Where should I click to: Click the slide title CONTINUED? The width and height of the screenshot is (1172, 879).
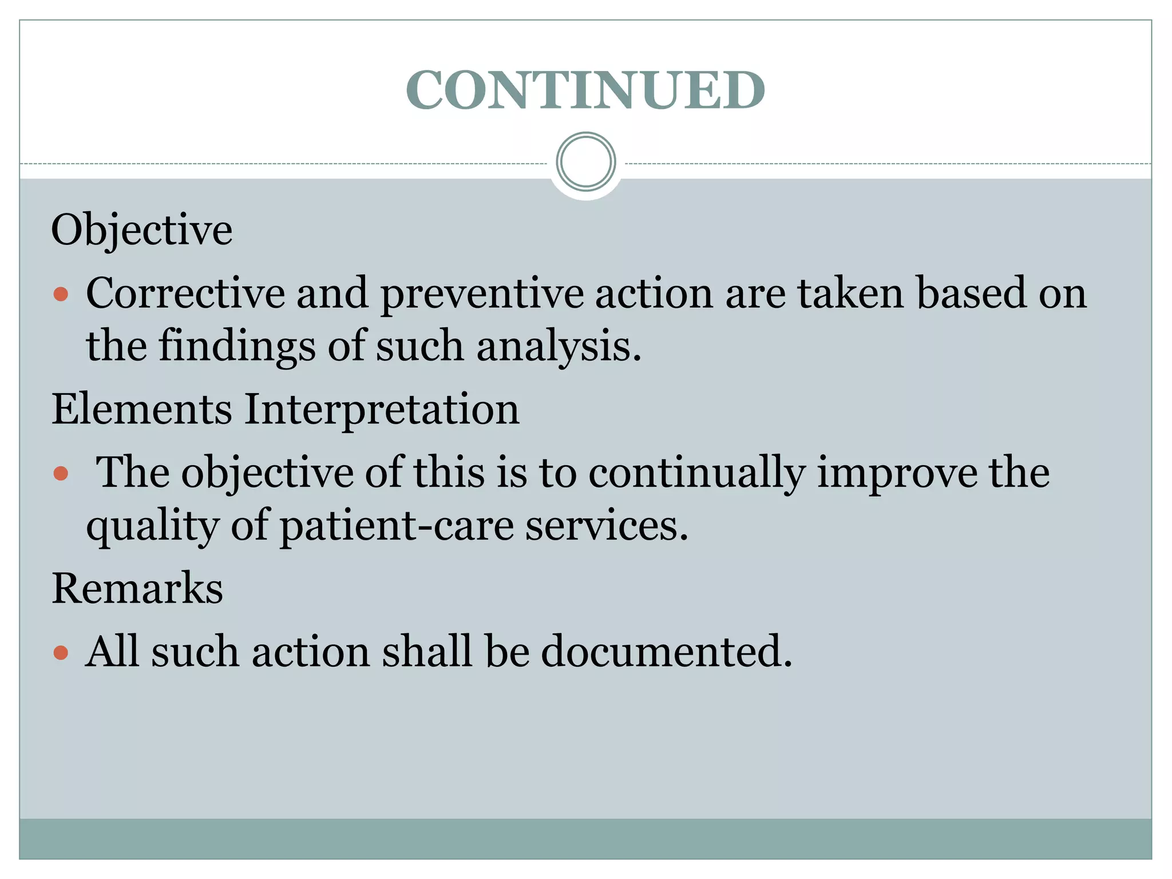coord(585,90)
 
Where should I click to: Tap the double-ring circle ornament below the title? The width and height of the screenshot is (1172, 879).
coord(585,161)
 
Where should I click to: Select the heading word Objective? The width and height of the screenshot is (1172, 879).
coord(142,230)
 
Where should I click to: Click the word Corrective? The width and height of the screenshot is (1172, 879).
coord(185,293)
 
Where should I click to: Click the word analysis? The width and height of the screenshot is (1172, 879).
coord(559,347)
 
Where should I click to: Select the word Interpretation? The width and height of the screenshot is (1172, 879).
coord(382,410)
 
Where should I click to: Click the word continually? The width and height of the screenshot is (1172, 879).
coord(696,473)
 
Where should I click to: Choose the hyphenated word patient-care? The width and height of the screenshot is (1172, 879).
coord(397,526)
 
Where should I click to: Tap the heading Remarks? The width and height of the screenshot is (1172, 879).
coord(137,588)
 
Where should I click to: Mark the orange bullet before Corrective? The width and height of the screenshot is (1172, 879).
coord(61,295)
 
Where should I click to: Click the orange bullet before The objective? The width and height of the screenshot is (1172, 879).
coord(61,474)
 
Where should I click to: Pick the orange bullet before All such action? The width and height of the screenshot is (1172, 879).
coord(61,653)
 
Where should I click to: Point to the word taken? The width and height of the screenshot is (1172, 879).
coord(851,293)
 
